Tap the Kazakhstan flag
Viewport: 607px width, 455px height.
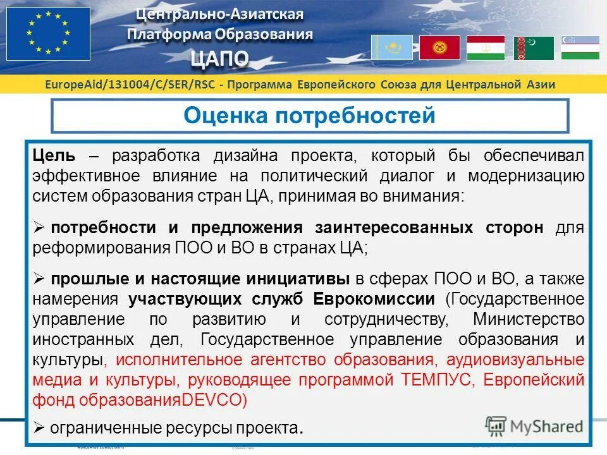(x=391, y=47)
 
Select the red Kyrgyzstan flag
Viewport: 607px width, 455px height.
(x=439, y=47)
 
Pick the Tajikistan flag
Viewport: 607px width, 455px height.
(x=486, y=47)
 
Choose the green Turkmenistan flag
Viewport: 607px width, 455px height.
(x=534, y=47)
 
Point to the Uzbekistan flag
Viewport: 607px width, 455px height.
(x=580, y=47)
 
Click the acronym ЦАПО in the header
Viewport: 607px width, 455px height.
(x=220, y=59)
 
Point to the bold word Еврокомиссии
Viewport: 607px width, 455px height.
(x=386, y=299)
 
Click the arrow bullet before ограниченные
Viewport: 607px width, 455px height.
(x=39, y=427)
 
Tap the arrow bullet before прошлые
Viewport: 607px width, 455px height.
(x=39, y=279)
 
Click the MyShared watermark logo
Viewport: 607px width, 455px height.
(x=535, y=425)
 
